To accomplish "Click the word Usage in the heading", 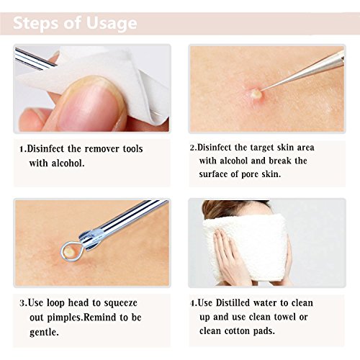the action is click(112, 24).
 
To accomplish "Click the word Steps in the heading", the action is click(35, 23).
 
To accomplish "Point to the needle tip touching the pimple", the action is click(261, 91).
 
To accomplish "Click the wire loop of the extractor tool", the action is click(72, 251).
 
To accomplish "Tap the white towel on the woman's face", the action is click(247, 250).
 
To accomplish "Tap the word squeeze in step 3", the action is click(121, 303).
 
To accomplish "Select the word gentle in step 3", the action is click(44, 333).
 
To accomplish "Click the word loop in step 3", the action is click(55, 303).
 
